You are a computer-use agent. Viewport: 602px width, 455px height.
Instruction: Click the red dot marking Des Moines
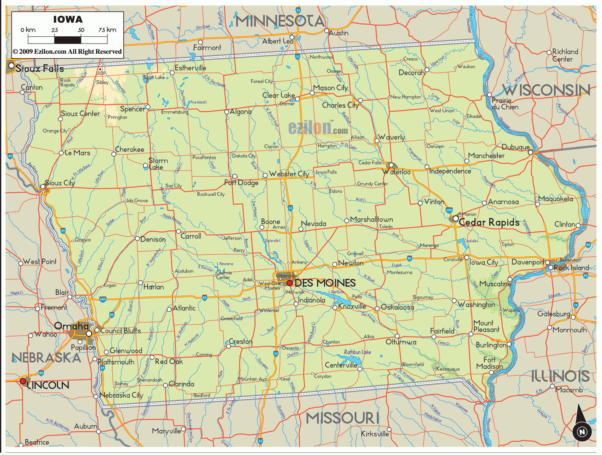point(289,283)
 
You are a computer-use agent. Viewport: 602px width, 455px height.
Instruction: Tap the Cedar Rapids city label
point(489,222)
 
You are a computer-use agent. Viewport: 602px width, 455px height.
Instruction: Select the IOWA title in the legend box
point(68,20)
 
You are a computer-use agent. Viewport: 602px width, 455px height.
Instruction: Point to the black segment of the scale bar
point(67,40)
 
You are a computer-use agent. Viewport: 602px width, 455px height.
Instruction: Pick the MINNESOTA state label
point(280,20)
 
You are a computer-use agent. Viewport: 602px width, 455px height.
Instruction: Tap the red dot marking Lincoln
point(23,381)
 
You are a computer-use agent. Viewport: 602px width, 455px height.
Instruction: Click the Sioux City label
point(60,183)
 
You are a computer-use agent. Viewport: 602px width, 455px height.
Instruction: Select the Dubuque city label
point(515,147)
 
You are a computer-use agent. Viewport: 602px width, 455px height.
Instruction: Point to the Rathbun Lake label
point(357,352)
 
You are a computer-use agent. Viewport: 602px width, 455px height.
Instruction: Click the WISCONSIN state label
point(546,90)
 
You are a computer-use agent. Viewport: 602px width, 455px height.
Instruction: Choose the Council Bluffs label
point(121,330)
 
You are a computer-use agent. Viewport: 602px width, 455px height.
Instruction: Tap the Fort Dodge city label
point(241,183)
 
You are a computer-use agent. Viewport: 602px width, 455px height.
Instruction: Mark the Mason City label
point(330,88)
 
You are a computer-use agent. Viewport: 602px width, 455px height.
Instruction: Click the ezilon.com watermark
point(318,128)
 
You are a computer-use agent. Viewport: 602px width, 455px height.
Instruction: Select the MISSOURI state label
point(342,418)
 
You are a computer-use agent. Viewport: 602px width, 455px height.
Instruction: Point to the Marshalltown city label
point(371,219)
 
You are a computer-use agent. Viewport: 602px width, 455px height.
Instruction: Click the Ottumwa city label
point(401,342)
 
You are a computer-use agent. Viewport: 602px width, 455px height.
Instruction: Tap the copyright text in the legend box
point(67,52)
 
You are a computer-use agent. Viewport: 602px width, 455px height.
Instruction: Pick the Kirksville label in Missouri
point(375,434)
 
